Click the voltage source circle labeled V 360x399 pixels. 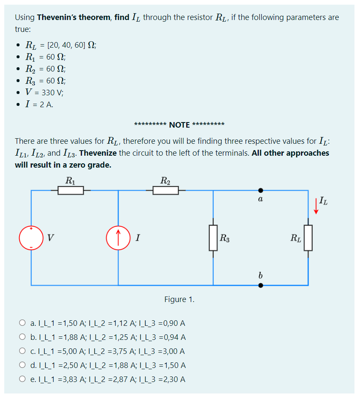point(31,238)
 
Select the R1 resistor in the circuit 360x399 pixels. point(71,191)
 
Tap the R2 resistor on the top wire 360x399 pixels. point(166,191)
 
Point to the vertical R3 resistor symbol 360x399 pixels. point(213,238)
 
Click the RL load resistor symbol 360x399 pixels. point(308,238)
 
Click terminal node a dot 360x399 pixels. point(261,191)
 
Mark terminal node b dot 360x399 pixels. point(261,285)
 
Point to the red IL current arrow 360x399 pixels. point(316,206)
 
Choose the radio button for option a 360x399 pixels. point(22,323)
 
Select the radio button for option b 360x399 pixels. point(22,337)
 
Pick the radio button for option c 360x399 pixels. point(22,351)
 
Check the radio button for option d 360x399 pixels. point(22,365)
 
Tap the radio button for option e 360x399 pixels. point(22,379)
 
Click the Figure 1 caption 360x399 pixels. point(179,299)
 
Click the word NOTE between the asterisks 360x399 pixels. point(179,125)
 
